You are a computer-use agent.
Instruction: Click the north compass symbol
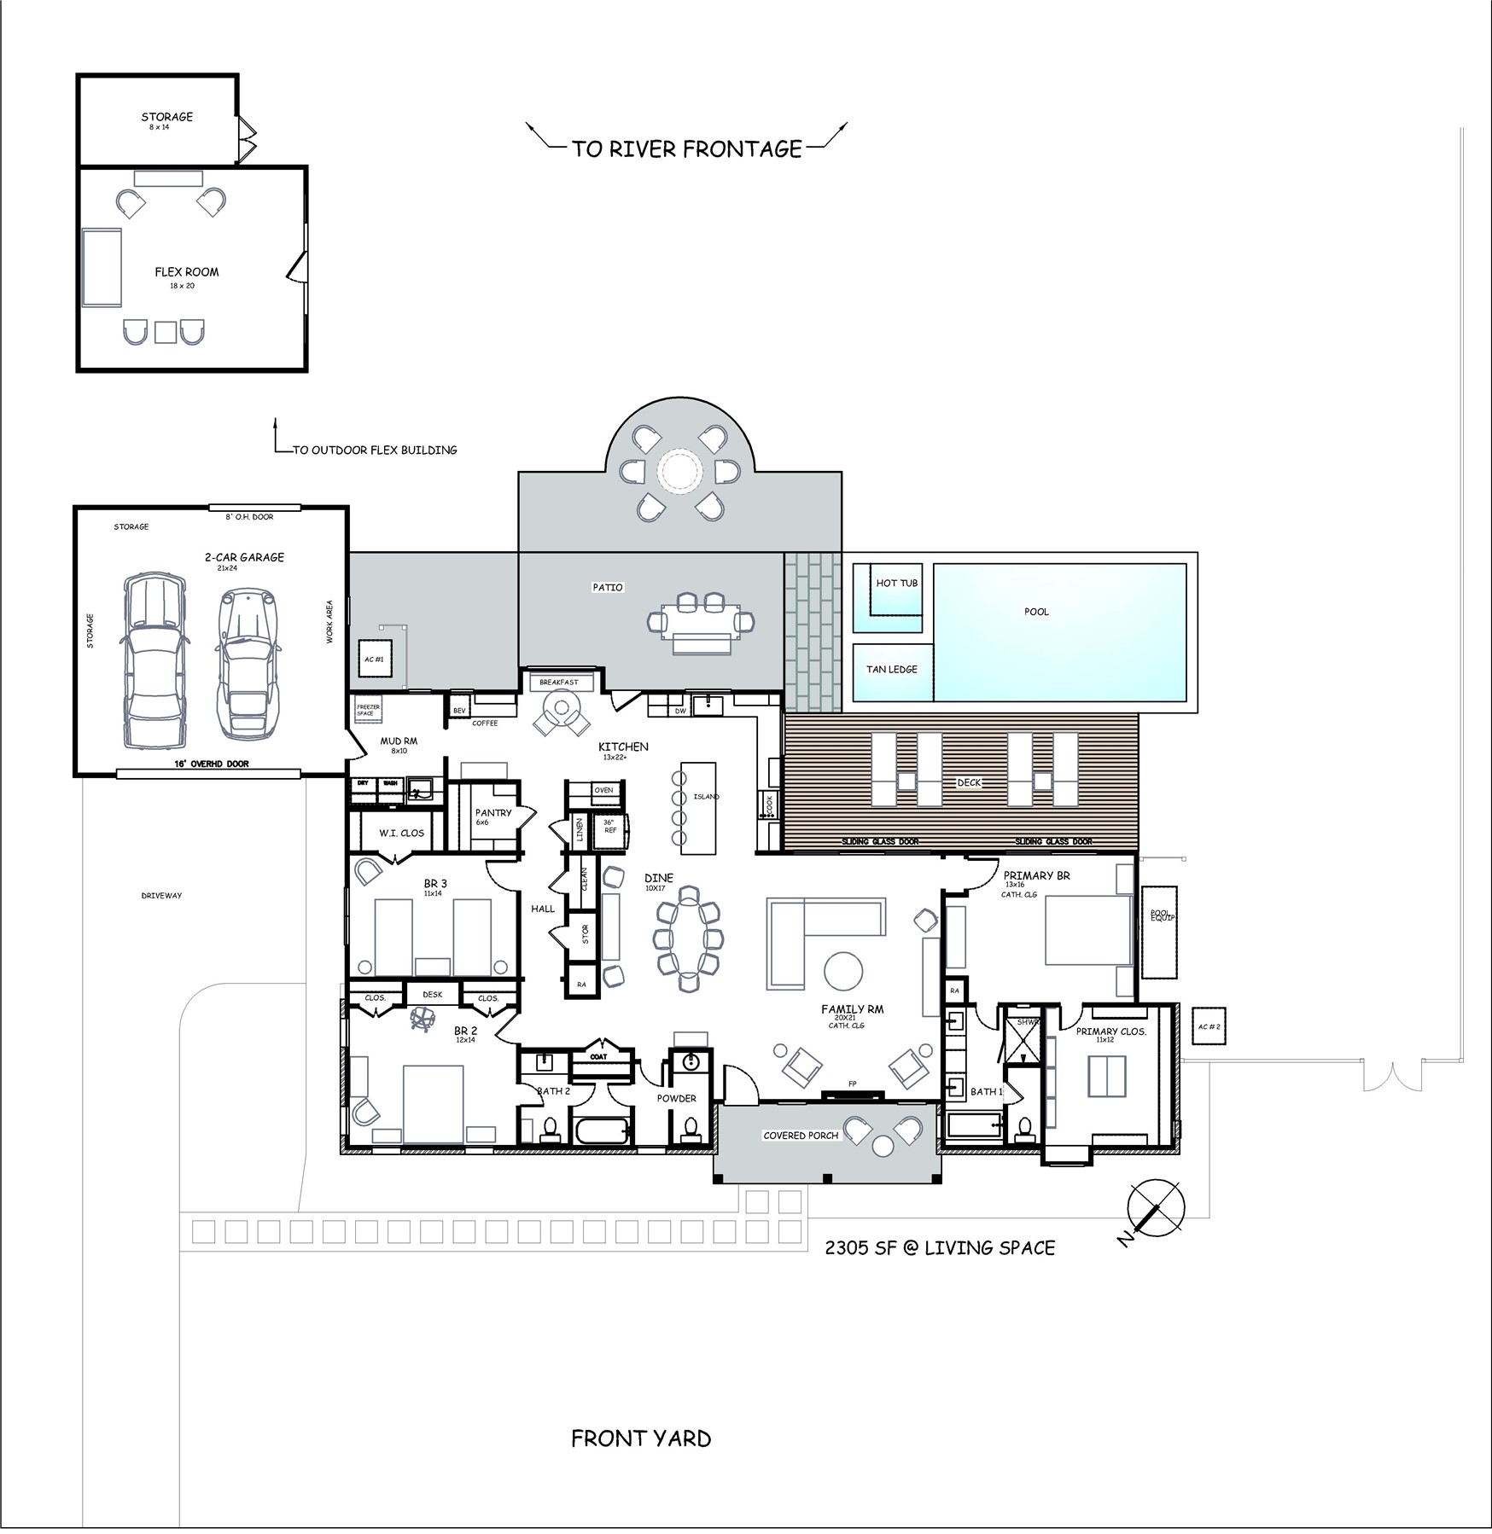click(x=1155, y=1207)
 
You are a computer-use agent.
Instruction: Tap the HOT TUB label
click(x=896, y=584)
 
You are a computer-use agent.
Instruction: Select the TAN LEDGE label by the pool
click(x=891, y=670)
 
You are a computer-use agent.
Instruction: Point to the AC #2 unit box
click(x=1209, y=1027)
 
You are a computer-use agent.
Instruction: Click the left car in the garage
click(x=154, y=660)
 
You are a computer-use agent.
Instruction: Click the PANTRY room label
click(x=492, y=813)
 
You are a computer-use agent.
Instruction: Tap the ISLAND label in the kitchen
click(x=706, y=797)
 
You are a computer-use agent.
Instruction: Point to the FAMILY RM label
click(x=852, y=1009)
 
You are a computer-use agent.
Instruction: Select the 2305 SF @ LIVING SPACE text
click(x=939, y=1248)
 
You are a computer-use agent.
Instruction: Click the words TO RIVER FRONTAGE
click(x=686, y=149)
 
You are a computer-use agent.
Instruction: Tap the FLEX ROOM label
click(x=186, y=272)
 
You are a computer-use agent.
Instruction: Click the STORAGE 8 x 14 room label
click(x=166, y=117)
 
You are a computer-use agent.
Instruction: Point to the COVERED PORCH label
click(x=800, y=1136)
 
